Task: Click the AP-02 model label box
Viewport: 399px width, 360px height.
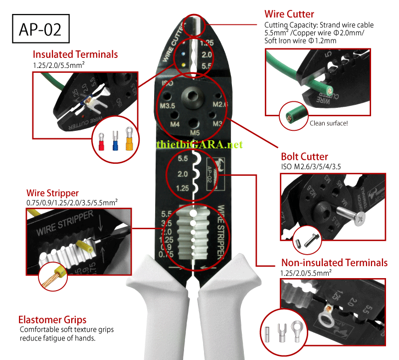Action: [40, 29]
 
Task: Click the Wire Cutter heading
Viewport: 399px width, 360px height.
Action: [289, 14]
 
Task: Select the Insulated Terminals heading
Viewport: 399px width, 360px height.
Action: [75, 54]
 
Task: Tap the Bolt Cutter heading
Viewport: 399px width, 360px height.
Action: [305, 157]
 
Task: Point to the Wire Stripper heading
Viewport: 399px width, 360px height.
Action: [52, 193]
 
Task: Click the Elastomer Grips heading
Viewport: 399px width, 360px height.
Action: [52, 320]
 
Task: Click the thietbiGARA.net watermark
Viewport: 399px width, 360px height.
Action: [199, 144]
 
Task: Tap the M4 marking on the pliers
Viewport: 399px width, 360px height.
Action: [175, 124]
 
